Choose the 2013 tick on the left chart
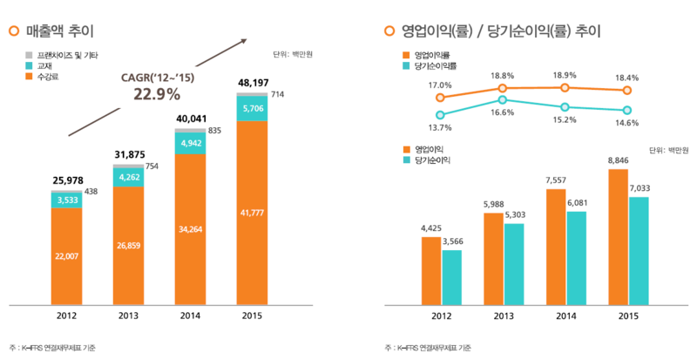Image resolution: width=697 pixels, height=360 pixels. (128, 316)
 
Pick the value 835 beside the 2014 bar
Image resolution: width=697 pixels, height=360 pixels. (214, 130)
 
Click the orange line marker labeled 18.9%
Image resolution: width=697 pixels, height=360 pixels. (565, 88)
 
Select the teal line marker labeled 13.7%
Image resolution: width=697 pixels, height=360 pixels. (440, 114)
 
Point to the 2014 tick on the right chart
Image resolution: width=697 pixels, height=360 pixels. (565, 316)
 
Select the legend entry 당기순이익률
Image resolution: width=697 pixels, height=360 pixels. (436, 65)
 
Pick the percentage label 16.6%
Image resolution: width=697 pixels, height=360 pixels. (502, 113)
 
